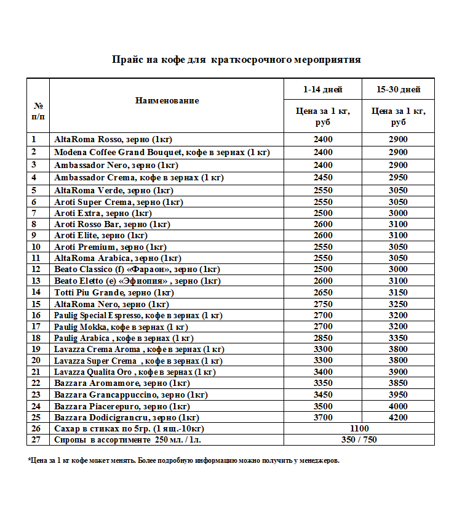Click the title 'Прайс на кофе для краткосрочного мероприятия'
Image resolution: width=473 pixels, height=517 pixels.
tap(236, 60)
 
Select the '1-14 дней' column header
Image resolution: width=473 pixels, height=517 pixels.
tap(323, 89)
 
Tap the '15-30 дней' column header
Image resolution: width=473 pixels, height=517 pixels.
tap(398, 89)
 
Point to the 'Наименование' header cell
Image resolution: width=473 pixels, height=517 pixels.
tap(167, 100)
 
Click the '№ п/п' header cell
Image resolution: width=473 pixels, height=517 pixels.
tap(38, 111)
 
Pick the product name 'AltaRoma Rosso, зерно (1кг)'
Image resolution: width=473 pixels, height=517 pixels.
tap(114, 140)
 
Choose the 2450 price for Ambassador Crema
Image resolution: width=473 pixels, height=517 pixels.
tap(323, 177)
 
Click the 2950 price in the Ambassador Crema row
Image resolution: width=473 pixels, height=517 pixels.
tap(398, 177)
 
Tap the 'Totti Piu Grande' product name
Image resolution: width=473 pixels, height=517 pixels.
tap(114, 292)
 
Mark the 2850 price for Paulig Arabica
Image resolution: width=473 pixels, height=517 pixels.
tap(323, 338)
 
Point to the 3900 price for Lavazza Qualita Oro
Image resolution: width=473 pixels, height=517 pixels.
tap(398, 372)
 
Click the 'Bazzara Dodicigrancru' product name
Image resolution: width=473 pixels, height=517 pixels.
tap(122, 418)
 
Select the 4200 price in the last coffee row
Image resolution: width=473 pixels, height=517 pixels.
tap(398, 418)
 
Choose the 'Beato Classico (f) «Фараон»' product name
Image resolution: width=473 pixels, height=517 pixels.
tap(137, 270)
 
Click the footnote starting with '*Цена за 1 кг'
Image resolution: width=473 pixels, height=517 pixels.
tap(183, 460)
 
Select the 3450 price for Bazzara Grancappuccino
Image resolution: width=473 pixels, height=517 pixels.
tap(323, 395)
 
